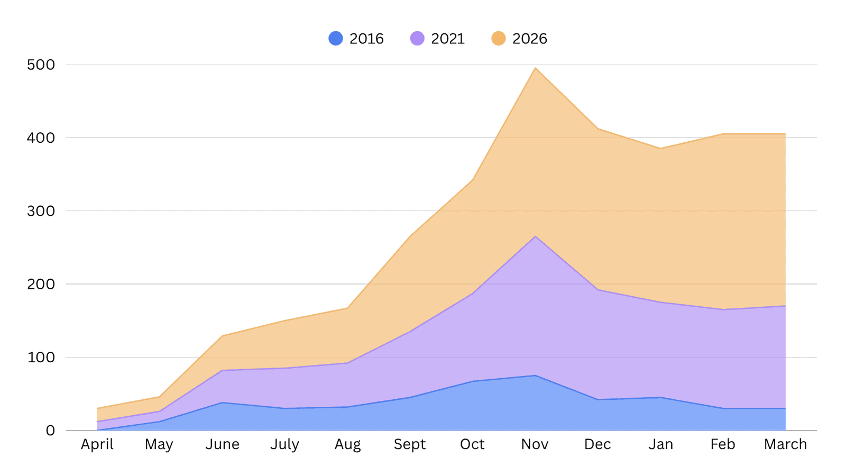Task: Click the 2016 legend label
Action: (x=366, y=39)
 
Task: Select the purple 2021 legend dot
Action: (x=417, y=39)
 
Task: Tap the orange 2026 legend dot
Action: (x=499, y=39)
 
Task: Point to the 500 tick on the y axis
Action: (x=41, y=65)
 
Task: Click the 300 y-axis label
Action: (x=41, y=211)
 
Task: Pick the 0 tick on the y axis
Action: (x=50, y=431)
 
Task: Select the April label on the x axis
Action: (x=97, y=444)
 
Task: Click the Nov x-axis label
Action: (x=535, y=444)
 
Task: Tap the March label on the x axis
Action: (x=785, y=444)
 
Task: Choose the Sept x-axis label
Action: (x=410, y=444)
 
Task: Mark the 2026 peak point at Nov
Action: (x=535, y=68)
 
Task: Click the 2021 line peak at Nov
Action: (x=535, y=236)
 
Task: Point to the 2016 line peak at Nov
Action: (x=535, y=376)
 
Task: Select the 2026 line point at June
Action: (x=222, y=336)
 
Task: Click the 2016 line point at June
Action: (x=222, y=402)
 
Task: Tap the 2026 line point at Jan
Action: (x=660, y=149)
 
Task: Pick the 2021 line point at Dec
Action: (x=597, y=290)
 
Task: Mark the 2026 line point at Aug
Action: (x=347, y=308)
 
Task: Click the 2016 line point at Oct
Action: (x=472, y=381)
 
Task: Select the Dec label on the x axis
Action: (x=597, y=444)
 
